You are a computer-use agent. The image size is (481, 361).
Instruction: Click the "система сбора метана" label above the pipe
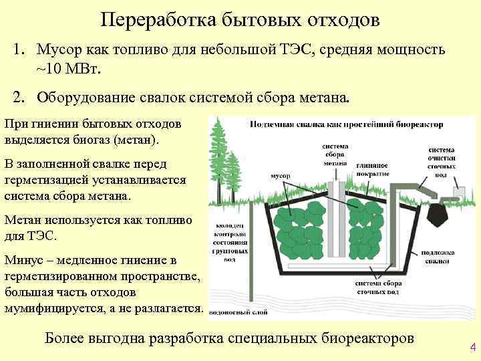(x=334, y=154)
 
